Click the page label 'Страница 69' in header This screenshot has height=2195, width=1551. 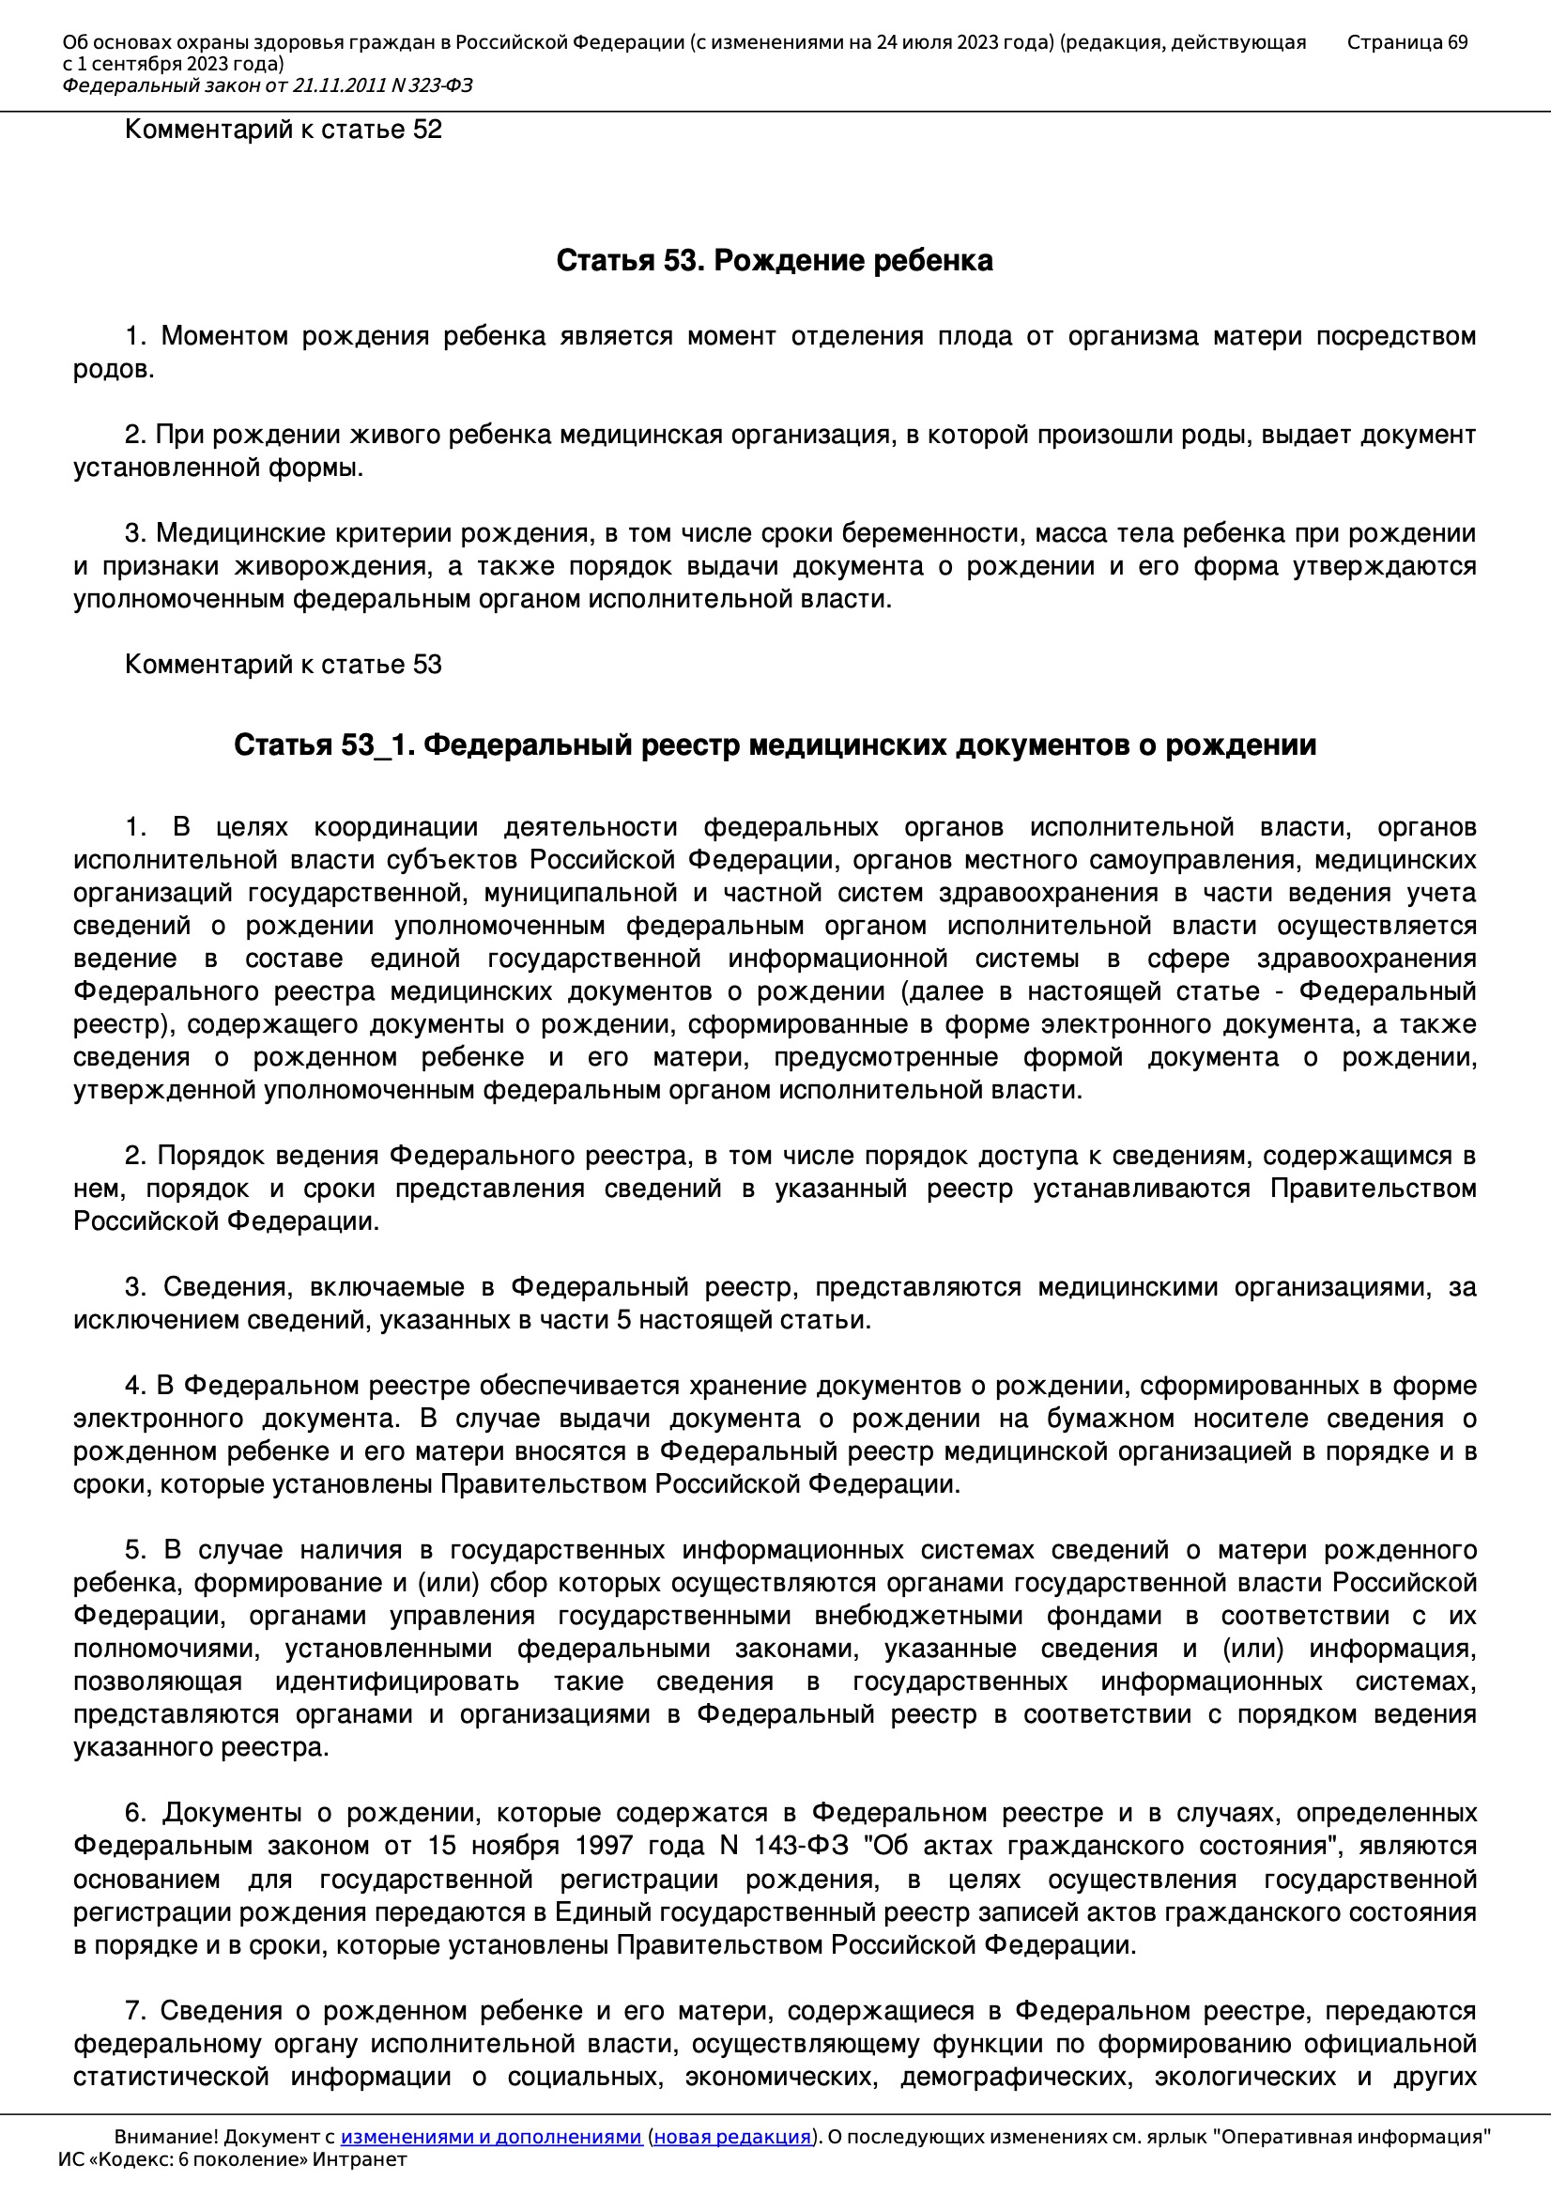pyautogui.click(x=1406, y=42)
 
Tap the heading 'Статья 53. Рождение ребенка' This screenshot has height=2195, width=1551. pyautogui.click(x=775, y=260)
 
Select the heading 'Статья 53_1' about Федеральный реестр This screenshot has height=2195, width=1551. pyautogui.click(x=775, y=744)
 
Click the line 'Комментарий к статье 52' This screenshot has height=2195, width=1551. pyautogui.click(x=283, y=129)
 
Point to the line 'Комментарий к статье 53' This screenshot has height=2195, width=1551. pyautogui.click(x=283, y=665)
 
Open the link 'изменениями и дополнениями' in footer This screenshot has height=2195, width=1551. pyautogui.click(x=490, y=2137)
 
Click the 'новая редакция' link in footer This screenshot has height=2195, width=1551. pyautogui.click(x=731, y=2137)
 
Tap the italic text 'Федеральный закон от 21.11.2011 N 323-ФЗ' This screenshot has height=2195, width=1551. pyautogui.click(x=268, y=86)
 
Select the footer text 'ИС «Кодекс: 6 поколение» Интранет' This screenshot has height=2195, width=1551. pyautogui.click(x=232, y=2159)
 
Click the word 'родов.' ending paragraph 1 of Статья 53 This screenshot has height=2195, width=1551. pyautogui.click(x=114, y=369)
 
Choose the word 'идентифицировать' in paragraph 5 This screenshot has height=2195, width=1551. pyautogui.click(x=397, y=1681)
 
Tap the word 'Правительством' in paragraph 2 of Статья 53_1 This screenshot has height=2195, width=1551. pyautogui.click(x=1374, y=1189)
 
